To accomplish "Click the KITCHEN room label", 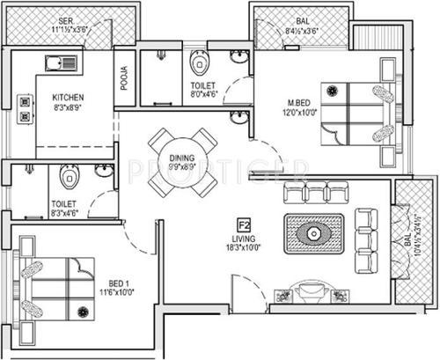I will (x=67, y=98).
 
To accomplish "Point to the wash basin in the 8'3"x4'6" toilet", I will (x=104, y=172).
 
